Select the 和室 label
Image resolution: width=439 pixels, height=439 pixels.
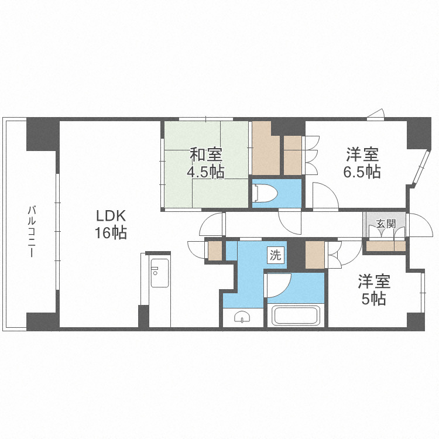[205, 155]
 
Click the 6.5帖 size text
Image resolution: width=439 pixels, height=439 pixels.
[362, 172]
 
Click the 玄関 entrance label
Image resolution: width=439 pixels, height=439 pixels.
[385, 223]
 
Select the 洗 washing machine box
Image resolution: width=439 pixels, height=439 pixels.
[275, 255]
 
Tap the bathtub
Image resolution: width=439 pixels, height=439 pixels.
[296, 316]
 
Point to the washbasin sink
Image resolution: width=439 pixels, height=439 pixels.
[241, 318]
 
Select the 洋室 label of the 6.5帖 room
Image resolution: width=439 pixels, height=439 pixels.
[362, 155]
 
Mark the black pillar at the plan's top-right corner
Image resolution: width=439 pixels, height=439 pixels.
[419, 132]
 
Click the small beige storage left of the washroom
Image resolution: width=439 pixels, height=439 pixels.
[215, 251]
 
